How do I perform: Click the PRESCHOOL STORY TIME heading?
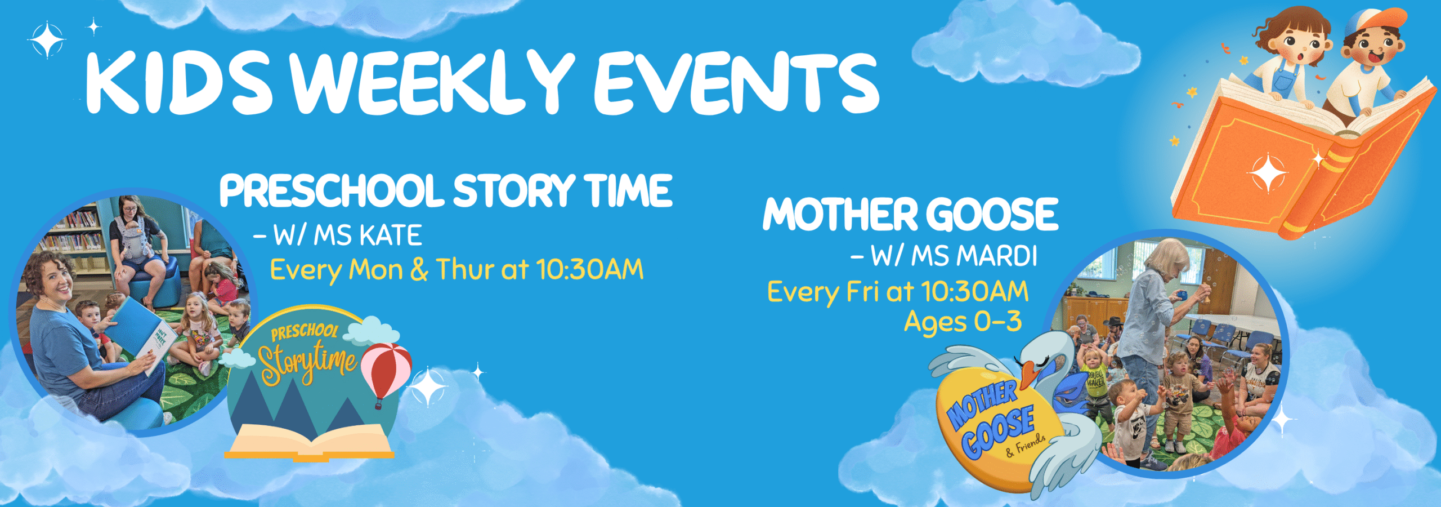(x=446, y=190)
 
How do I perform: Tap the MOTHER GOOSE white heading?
(x=911, y=214)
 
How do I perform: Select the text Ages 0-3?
(x=963, y=322)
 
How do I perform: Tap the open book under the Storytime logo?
(x=310, y=442)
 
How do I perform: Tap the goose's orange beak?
(x=1030, y=374)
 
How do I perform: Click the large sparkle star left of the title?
(x=47, y=39)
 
